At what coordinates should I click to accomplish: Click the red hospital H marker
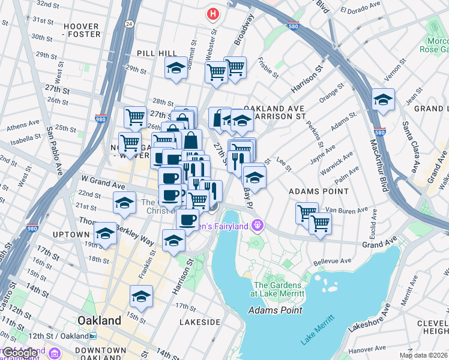212,13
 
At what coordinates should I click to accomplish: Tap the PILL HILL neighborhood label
157,53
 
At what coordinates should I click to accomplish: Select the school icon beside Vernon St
382,100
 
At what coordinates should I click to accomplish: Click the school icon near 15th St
141,296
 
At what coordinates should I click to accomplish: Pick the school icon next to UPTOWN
105,234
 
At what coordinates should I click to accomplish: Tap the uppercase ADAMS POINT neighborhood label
319,191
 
